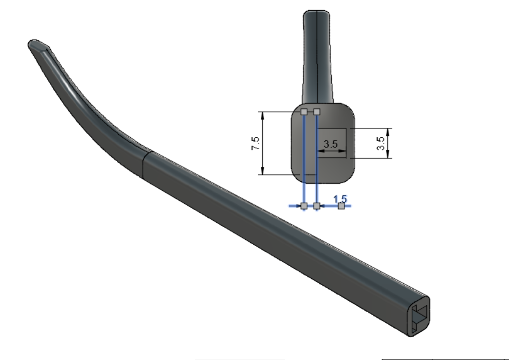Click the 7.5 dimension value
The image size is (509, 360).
255,143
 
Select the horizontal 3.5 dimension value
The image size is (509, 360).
331,144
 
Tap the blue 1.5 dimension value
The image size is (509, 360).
340,199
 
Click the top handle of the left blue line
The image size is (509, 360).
304,112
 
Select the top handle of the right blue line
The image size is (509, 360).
317,112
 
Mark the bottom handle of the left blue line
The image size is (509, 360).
304,206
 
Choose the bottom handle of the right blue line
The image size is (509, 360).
317,206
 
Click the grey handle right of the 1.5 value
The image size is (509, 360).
341,206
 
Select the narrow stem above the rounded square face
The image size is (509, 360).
318,54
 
